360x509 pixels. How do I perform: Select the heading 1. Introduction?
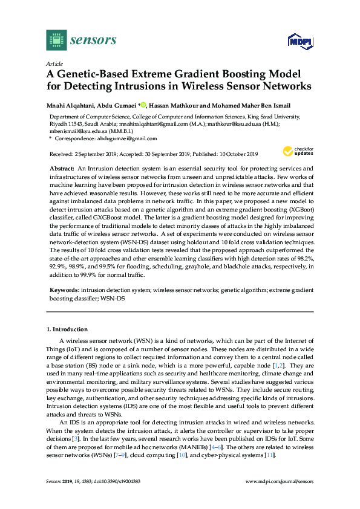click(67, 329)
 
